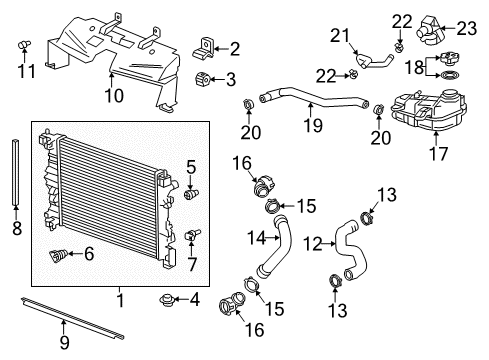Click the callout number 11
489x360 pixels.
(x=27, y=73)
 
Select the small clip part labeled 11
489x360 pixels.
(x=27, y=45)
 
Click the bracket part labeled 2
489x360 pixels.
(x=208, y=45)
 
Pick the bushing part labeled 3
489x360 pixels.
(x=204, y=80)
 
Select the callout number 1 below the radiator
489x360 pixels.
(x=121, y=298)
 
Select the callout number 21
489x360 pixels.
(x=341, y=36)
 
